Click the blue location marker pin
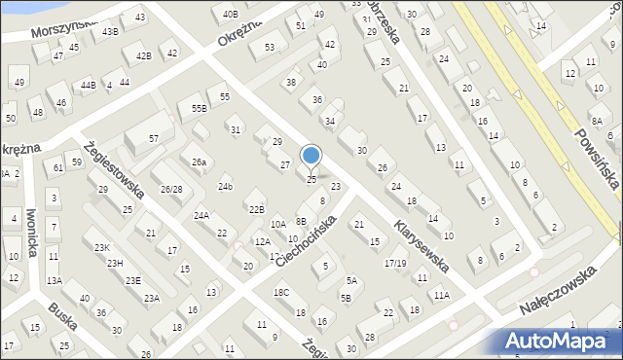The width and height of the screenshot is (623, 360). coord(311,157)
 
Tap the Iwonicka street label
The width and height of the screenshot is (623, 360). coord(32,234)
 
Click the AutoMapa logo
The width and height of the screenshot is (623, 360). coord(563,341)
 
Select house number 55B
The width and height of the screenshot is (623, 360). coord(200,108)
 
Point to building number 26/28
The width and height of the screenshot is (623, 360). coord(172,189)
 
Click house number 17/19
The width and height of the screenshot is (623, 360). coord(395,263)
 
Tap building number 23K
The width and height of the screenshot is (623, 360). coord(102,248)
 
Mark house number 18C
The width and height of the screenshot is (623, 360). coord(281,292)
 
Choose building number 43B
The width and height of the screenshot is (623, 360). coord(110,31)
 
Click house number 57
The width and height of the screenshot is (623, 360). coord(154,139)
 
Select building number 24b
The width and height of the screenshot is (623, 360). coord(226,186)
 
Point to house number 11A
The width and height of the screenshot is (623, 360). coord(442,295)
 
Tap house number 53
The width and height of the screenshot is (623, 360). coord(269,47)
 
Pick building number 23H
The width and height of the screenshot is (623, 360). coord(115,264)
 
